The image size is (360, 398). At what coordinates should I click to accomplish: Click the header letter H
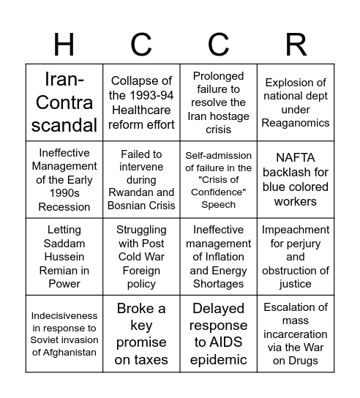[64, 45]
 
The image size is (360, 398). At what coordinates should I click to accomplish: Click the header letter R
[296, 45]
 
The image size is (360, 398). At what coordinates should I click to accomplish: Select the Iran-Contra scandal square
[64, 102]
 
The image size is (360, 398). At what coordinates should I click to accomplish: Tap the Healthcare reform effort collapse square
[141, 102]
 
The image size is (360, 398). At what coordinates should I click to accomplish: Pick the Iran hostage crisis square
[219, 102]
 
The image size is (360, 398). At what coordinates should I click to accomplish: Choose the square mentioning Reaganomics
[296, 102]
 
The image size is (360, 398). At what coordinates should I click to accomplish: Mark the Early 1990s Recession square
[64, 180]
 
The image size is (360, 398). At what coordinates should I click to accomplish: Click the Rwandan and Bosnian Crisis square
[141, 180]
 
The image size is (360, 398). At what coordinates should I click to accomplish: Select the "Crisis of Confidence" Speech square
[219, 180]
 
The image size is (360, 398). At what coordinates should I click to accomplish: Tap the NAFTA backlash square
[296, 180]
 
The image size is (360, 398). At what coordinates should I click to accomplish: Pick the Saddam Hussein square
[64, 257]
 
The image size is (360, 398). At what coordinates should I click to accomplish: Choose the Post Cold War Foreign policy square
[141, 257]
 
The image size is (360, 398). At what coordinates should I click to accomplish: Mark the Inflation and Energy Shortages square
[219, 257]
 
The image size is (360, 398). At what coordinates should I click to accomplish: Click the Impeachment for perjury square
[296, 257]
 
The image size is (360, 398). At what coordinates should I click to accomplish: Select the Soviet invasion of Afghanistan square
[64, 334]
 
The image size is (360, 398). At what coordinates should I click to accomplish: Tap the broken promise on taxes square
[141, 334]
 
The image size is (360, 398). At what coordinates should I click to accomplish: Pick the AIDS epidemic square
[219, 334]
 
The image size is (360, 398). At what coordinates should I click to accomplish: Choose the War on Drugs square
[296, 334]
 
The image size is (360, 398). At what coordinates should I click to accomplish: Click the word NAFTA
[295, 159]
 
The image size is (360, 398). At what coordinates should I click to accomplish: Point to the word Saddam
[64, 244]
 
